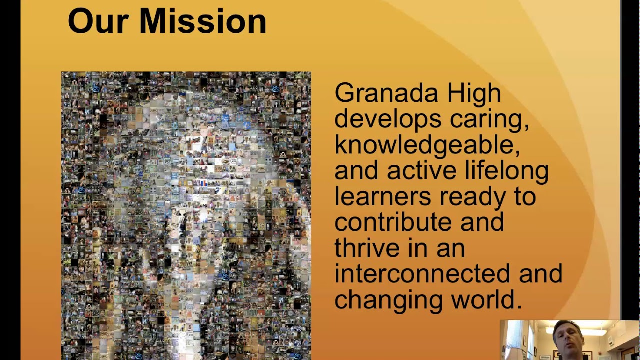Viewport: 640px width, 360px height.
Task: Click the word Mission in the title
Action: coord(203,21)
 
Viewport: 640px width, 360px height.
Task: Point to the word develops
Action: coord(388,119)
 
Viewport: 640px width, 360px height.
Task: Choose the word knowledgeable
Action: coord(427,145)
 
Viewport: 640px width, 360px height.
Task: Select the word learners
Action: coord(382,197)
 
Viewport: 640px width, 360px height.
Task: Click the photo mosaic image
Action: coord(186,215)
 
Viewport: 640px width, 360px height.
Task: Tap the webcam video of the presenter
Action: coord(569,340)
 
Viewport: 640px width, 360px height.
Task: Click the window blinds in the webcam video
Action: coord(513,340)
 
